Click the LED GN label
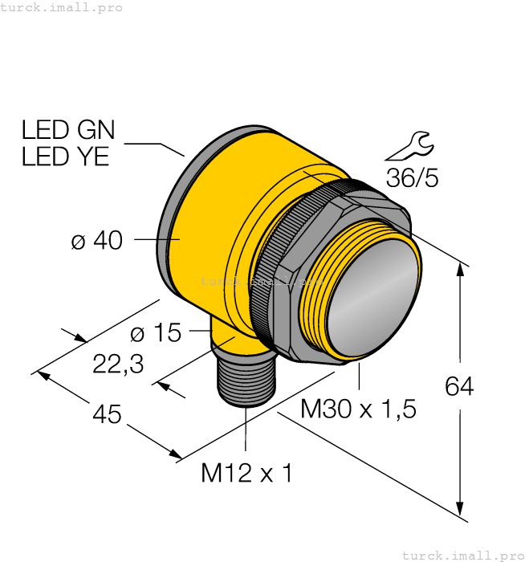pos(68,130)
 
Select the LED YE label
pos(65,157)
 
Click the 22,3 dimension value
pos(118,364)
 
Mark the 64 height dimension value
pos(459,387)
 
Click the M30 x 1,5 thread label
pos(358,409)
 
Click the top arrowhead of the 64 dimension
pos(460,271)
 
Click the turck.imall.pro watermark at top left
pos(62,7)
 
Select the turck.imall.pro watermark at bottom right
pos(462,555)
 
